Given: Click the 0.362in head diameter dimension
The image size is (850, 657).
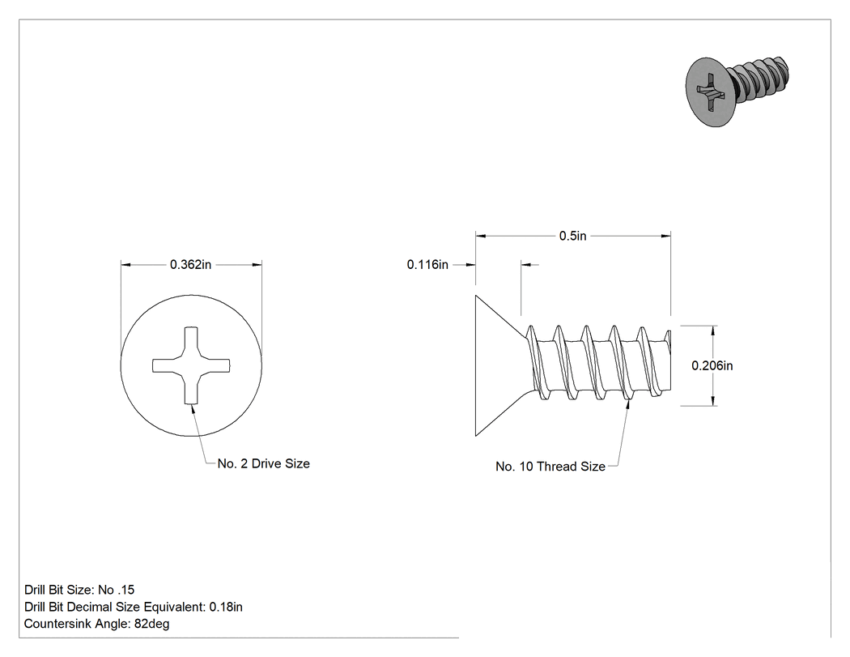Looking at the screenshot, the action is (191, 265).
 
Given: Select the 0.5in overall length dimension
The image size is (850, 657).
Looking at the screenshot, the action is (573, 236).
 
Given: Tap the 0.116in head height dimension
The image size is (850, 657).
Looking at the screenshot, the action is (427, 265).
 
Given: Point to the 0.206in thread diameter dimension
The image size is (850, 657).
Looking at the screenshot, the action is (712, 365).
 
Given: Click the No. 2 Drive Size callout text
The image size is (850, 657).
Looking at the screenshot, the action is (263, 464).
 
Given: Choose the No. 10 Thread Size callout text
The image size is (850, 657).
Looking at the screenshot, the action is (550, 467).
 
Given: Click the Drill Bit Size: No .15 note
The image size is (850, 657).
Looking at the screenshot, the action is (79, 590).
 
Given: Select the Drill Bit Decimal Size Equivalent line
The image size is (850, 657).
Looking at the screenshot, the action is (134, 607).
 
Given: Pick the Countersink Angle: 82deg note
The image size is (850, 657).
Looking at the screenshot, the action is (96, 624).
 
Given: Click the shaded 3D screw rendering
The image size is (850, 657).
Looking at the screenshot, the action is (736, 91).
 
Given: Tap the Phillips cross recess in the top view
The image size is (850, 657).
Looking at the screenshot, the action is (191, 365).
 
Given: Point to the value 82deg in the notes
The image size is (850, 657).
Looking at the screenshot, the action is (152, 624).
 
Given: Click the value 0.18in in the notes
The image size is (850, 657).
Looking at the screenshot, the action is (226, 607).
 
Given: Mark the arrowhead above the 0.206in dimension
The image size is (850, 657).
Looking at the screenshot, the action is (712, 331).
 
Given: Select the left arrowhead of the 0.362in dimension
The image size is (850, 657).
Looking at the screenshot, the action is (125, 265).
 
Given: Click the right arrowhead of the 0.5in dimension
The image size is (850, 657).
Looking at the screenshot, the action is (665, 236).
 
